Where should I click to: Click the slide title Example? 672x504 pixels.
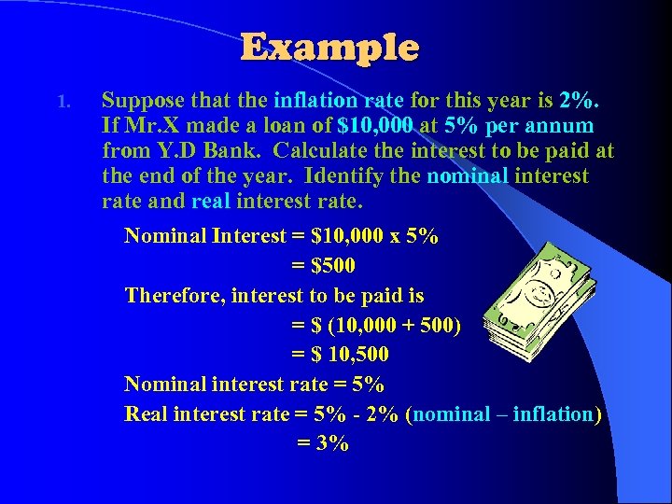(x=330, y=48)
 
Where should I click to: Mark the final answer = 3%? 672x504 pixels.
(x=323, y=443)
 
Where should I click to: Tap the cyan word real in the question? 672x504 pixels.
(x=211, y=202)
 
